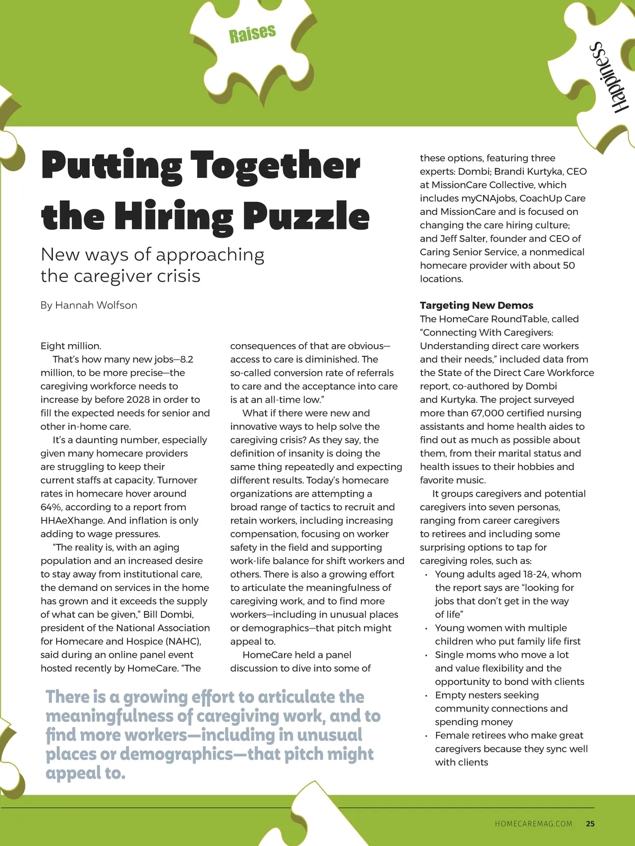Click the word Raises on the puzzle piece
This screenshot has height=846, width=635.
click(252, 33)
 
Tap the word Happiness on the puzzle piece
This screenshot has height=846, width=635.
click(609, 77)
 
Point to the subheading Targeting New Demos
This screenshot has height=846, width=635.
click(476, 305)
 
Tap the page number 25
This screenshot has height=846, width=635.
click(590, 824)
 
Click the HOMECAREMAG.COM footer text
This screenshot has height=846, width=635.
click(533, 824)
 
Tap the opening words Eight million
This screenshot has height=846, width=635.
click(71, 346)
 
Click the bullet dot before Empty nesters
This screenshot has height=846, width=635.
click(426, 696)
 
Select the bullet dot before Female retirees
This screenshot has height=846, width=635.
click(426, 736)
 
